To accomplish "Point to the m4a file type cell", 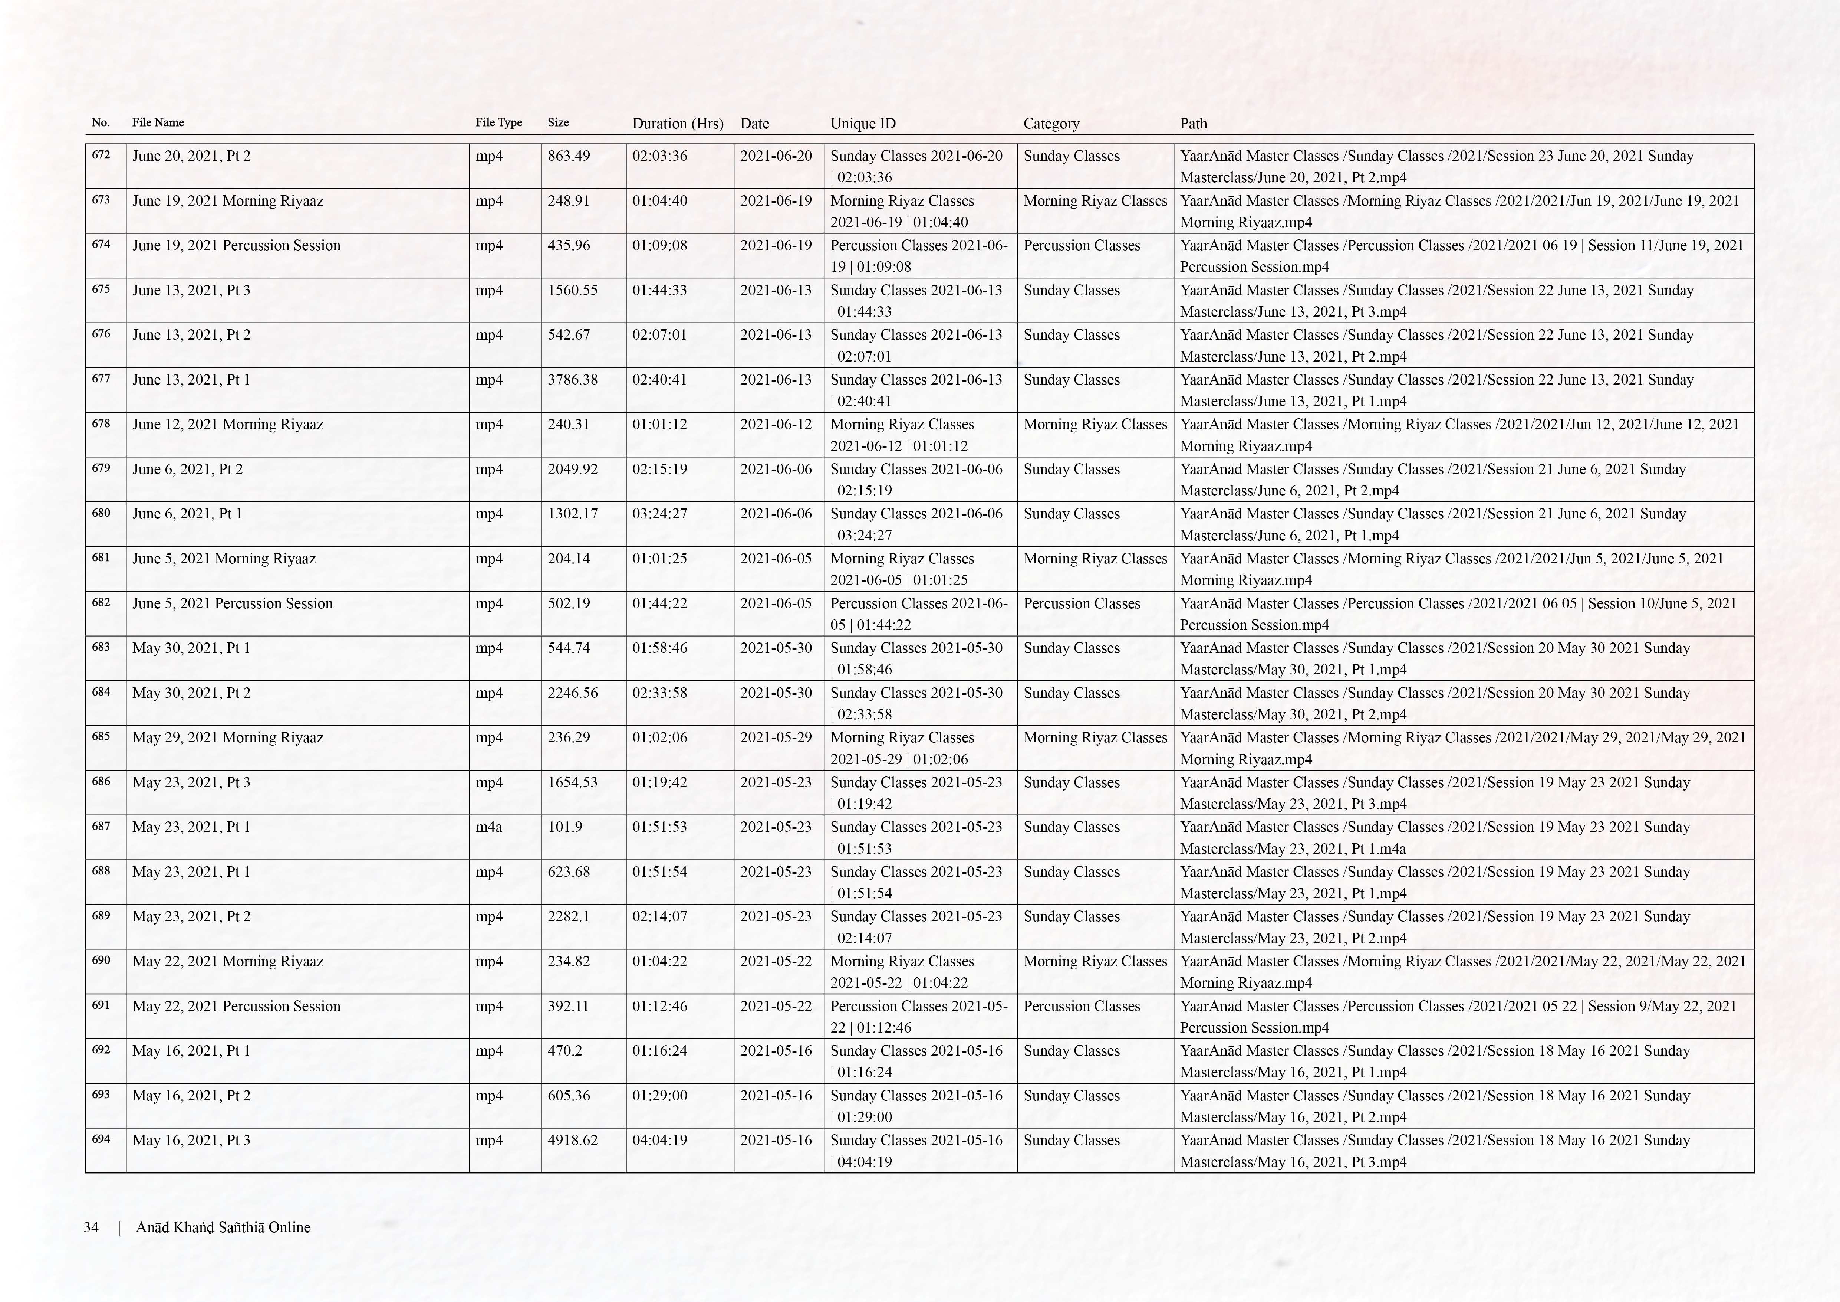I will point(489,827).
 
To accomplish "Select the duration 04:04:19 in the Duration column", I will point(659,1140).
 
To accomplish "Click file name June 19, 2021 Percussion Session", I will point(236,245).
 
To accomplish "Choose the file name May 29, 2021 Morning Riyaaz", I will point(228,737).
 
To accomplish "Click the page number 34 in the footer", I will point(91,1227).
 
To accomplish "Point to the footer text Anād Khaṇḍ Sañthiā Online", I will point(223,1227).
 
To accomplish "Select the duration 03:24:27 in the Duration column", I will point(659,514).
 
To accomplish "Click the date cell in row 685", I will point(775,737).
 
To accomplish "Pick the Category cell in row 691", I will point(1081,1006).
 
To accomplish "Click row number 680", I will point(101,513).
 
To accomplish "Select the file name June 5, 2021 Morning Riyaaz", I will point(224,559).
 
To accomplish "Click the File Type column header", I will point(498,122).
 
